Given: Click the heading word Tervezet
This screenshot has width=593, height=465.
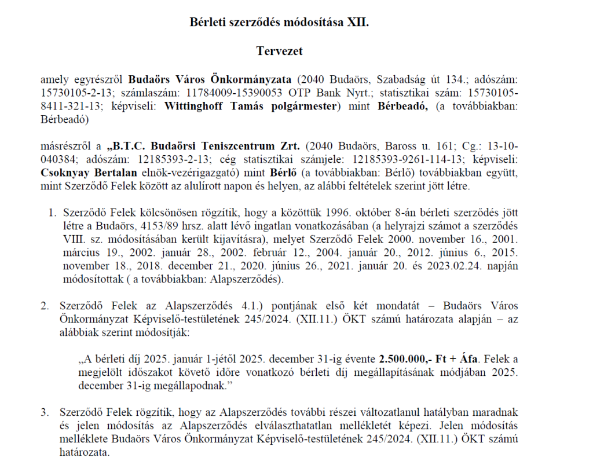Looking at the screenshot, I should [x=279, y=51].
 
